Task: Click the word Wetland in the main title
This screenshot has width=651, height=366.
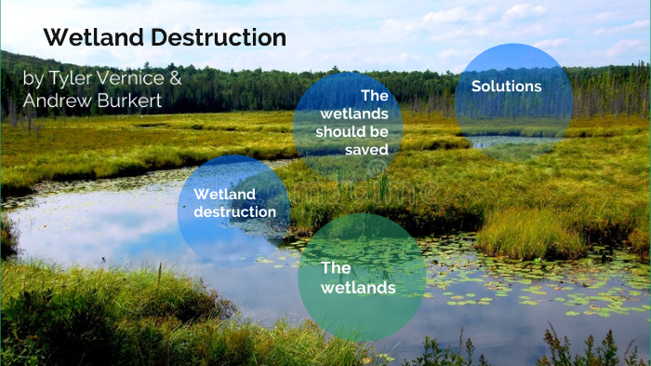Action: pyautogui.click(x=89, y=38)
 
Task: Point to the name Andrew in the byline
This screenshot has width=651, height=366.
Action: pyautogui.click(x=55, y=101)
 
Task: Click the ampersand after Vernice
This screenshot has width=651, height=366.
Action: pyautogui.click(x=176, y=78)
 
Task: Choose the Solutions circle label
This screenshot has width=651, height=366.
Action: pyautogui.click(x=506, y=87)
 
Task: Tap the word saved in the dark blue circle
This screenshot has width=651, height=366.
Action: pyautogui.click(x=365, y=149)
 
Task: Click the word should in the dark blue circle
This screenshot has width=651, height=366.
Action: pyautogui.click(x=339, y=131)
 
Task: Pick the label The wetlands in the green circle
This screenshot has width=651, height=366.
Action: pyautogui.click(x=358, y=278)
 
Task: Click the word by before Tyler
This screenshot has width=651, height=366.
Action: pyautogui.click(x=33, y=78)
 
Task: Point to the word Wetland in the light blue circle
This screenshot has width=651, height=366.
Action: pyautogui.click(x=224, y=194)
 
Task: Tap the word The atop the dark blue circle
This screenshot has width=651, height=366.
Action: pyautogui.click(x=374, y=95)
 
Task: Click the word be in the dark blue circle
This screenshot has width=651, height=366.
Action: pyautogui.click(x=378, y=131)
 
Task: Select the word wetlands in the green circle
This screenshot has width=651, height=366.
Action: pyautogui.click(x=358, y=288)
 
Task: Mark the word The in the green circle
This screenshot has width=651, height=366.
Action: pyautogui.click(x=336, y=267)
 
